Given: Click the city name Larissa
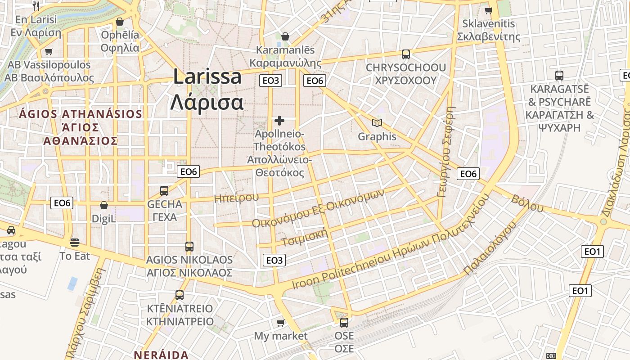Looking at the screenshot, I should [207, 77].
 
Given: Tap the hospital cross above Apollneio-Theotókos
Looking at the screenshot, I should [279, 121].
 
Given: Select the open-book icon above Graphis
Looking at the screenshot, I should [377, 123].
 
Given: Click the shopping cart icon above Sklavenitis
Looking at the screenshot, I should [488, 10].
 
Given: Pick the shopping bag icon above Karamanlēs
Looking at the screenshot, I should [285, 36].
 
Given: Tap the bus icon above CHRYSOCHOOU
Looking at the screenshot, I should [405, 54].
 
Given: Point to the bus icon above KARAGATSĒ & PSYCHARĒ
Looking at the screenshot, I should [559, 75].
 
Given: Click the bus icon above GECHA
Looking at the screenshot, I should [164, 190].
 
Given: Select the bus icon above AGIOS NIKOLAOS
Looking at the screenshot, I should [189, 246].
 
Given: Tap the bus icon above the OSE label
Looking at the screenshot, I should [344, 322].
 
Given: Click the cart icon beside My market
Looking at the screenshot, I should [281, 322].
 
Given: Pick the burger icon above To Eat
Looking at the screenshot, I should [75, 243].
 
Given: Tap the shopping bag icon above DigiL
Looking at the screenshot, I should [104, 205].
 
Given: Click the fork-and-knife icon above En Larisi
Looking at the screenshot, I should [36, 6].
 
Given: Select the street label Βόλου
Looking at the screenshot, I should [527, 203].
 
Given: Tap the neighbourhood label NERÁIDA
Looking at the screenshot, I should [161, 355].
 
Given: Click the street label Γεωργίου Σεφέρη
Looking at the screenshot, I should [447, 152].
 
